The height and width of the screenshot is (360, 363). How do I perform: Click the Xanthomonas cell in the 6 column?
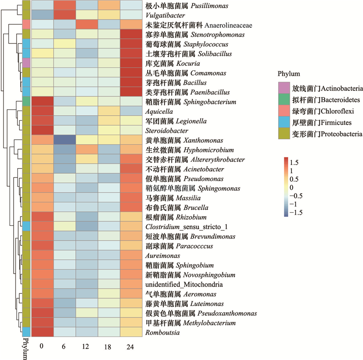pyautogui.click(x=64, y=140)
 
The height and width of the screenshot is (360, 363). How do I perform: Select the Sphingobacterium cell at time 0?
pyautogui.click(x=42, y=102)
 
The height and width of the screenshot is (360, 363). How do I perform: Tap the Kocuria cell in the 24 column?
pyautogui.click(x=131, y=63)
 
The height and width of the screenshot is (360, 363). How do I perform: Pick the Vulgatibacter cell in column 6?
pyautogui.click(x=64, y=15)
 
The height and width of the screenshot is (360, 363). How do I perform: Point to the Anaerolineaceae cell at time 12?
pyautogui.click(x=87, y=24)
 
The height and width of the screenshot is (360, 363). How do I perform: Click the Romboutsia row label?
pyautogui.click(x=162, y=332)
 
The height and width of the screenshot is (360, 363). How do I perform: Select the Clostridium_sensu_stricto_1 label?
pyautogui.click(x=186, y=227)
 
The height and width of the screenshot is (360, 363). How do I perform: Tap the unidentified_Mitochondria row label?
pyautogui.click(x=184, y=284)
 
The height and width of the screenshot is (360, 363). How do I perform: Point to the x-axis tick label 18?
pyautogui.click(x=108, y=346)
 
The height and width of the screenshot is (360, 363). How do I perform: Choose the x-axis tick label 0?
pyautogui.click(x=41, y=346)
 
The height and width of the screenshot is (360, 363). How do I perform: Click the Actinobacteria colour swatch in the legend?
pyautogui.click(x=284, y=88)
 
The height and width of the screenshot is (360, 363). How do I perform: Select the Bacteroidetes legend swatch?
pyautogui.click(x=284, y=99)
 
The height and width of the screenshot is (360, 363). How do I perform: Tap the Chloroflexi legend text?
pyautogui.click(x=323, y=111)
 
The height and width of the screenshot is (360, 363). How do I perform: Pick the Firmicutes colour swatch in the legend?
pyautogui.click(x=284, y=122)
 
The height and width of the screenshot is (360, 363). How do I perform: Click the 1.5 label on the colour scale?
pyautogui.click(x=294, y=163)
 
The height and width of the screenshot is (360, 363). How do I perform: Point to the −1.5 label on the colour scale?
pyautogui.click(x=296, y=213)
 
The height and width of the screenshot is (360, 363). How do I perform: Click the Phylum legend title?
pyautogui.click(x=289, y=74)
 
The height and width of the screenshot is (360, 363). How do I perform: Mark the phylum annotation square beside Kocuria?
pyautogui.click(x=26, y=63)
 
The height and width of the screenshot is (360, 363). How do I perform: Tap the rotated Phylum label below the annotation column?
pyautogui.click(x=26, y=349)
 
